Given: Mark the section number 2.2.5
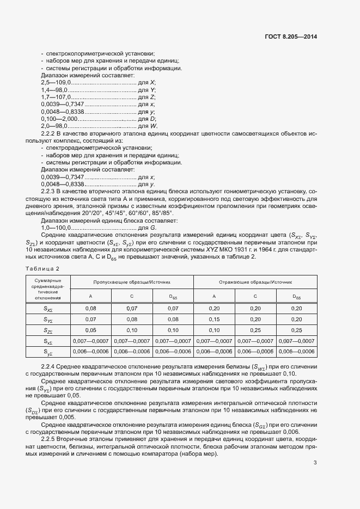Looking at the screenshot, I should tap(50, 438).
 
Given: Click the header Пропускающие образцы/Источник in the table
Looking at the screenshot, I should tap(132, 283).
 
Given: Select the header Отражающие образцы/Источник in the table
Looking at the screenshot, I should tap(255, 283).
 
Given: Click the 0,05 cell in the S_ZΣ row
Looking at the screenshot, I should tap(91, 329).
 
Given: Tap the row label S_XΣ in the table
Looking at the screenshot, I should tap(48, 308).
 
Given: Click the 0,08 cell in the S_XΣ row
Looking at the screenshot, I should tap(91, 308).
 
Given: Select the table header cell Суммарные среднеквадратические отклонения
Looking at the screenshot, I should tap(48, 289).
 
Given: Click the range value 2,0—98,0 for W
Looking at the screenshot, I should tap(52, 126).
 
